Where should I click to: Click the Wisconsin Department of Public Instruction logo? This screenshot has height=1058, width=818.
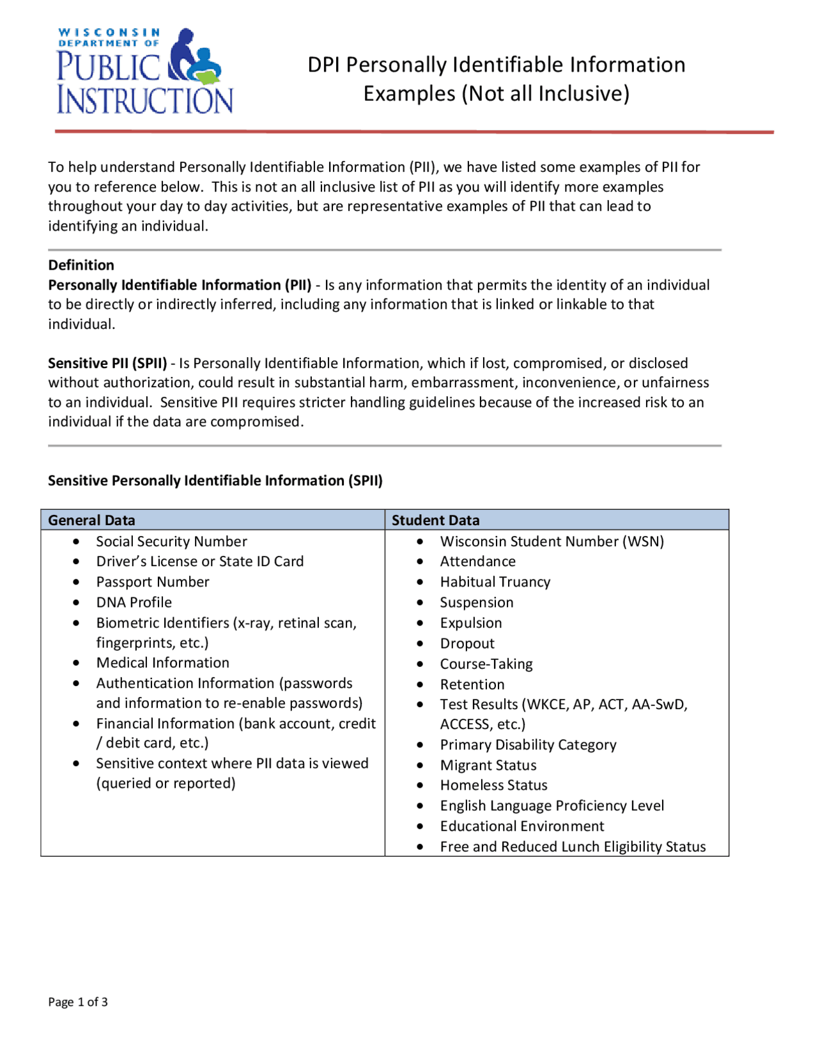point(145,71)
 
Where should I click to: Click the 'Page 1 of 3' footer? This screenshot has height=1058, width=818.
point(77,1001)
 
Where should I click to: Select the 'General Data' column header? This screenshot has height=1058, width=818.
point(91,520)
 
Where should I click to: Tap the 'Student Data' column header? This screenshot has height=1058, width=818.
point(435,520)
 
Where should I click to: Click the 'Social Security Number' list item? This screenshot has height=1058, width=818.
point(171,541)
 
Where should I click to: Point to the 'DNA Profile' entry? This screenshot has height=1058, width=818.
point(134,602)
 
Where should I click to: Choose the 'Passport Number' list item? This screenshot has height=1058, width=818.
point(153,581)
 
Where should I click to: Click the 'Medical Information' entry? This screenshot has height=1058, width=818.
point(162,663)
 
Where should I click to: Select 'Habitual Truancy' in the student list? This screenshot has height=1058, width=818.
point(495,581)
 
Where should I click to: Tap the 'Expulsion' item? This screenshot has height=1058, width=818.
point(470,622)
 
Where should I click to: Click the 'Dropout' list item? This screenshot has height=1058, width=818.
point(467,643)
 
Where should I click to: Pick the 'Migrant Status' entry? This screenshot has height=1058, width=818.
point(488,765)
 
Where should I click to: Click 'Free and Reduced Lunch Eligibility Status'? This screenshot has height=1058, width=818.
point(573,847)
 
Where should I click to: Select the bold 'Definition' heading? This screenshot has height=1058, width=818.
point(81,265)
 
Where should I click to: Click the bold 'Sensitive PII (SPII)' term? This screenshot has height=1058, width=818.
point(107,363)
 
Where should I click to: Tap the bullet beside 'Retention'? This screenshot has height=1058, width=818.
point(420,684)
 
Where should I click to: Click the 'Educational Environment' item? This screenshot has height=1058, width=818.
point(521,826)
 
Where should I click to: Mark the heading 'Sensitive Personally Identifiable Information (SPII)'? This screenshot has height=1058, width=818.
point(215,480)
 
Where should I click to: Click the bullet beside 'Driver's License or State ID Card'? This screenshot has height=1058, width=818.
point(76,562)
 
